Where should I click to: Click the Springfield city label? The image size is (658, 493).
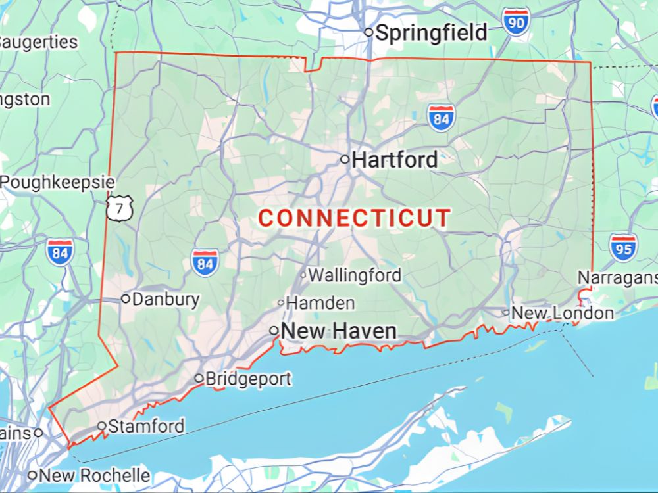(431, 32)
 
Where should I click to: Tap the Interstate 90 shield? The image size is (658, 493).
(516, 22)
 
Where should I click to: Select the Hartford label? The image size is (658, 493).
(395, 159)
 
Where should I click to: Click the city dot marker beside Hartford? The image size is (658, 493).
(344, 159)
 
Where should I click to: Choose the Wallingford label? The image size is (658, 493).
(355, 275)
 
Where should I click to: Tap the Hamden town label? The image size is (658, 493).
(320, 303)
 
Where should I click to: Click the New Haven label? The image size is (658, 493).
(339, 331)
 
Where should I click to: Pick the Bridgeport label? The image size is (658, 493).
(248, 379)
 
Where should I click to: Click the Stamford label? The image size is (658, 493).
(146, 426)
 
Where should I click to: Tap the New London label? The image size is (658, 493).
(563, 313)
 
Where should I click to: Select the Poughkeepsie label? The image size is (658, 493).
(57, 182)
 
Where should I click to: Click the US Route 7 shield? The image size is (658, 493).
(120, 208)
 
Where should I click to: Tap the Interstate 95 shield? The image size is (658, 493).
(622, 246)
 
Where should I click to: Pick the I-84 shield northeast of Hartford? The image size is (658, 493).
(441, 118)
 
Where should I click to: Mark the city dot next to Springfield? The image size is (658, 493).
(369, 32)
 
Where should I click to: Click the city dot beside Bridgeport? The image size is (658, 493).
(199, 378)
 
